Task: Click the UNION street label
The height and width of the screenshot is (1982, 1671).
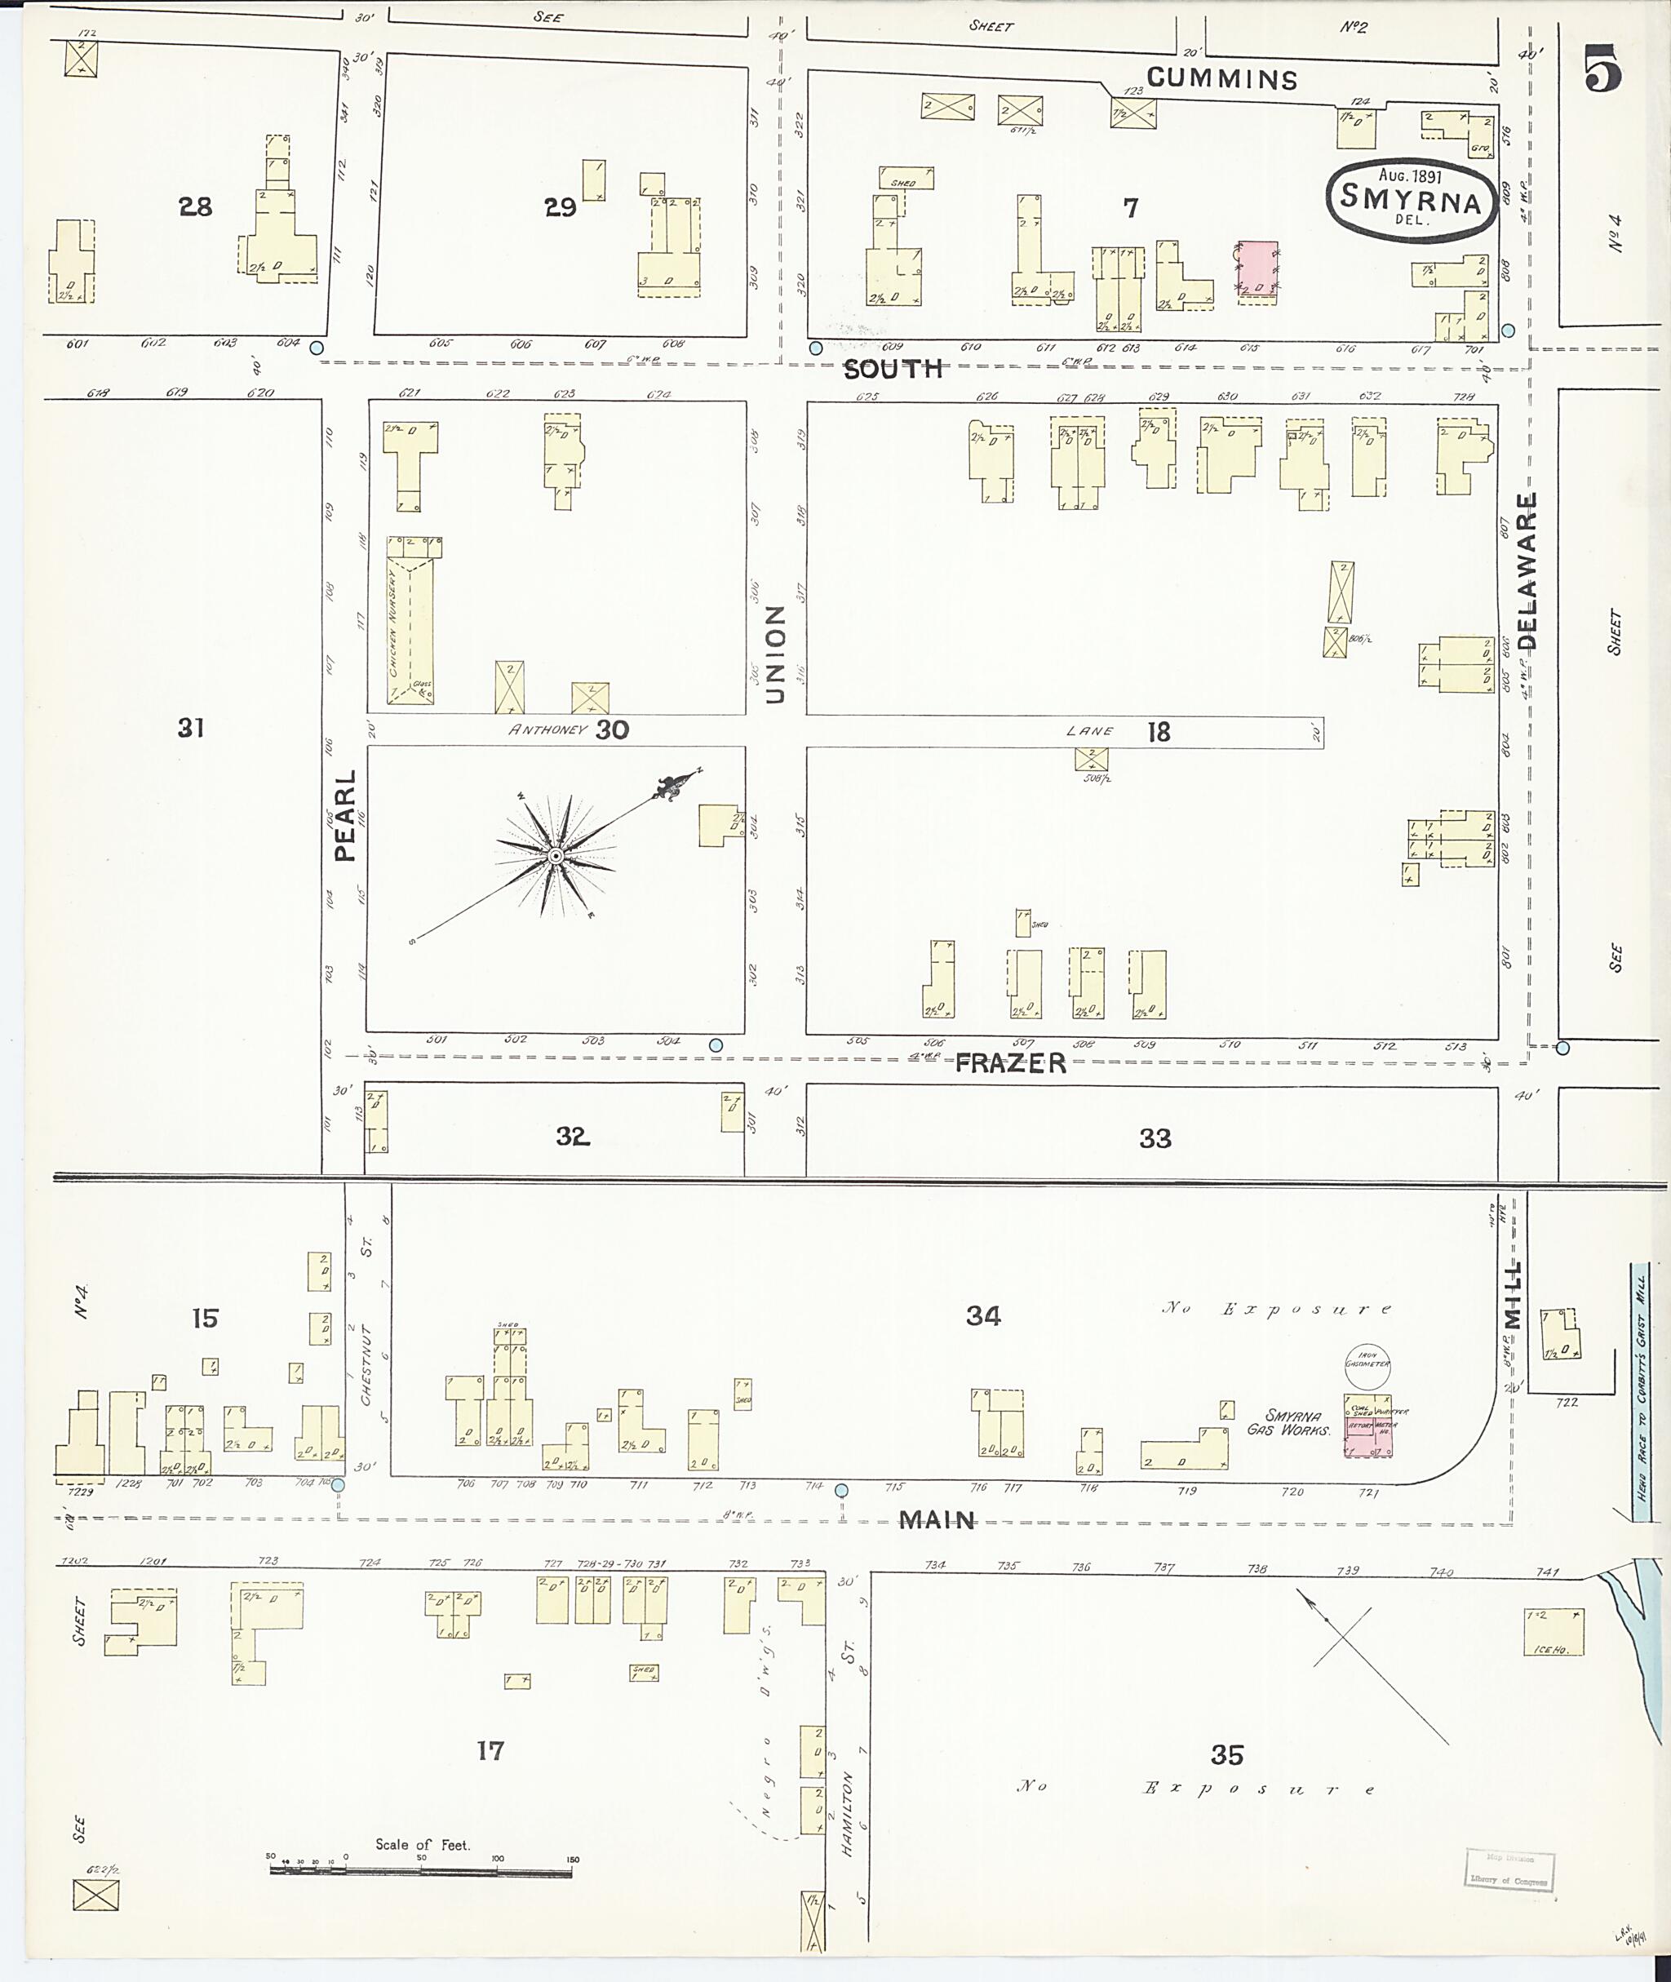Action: tap(775, 654)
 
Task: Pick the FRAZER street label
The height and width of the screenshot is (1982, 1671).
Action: tap(1010, 1063)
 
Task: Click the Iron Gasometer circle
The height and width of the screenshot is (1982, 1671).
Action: tap(1367, 1363)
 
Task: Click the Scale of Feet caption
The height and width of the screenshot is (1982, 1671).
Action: tap(423, 1845)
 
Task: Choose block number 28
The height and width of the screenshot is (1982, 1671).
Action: tap(195, 206)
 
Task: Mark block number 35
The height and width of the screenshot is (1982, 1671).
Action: tap(1226, 1755)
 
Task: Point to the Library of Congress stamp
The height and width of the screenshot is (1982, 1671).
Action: tap(1509, 1869)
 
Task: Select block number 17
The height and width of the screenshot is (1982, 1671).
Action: tap(490, 1751)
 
